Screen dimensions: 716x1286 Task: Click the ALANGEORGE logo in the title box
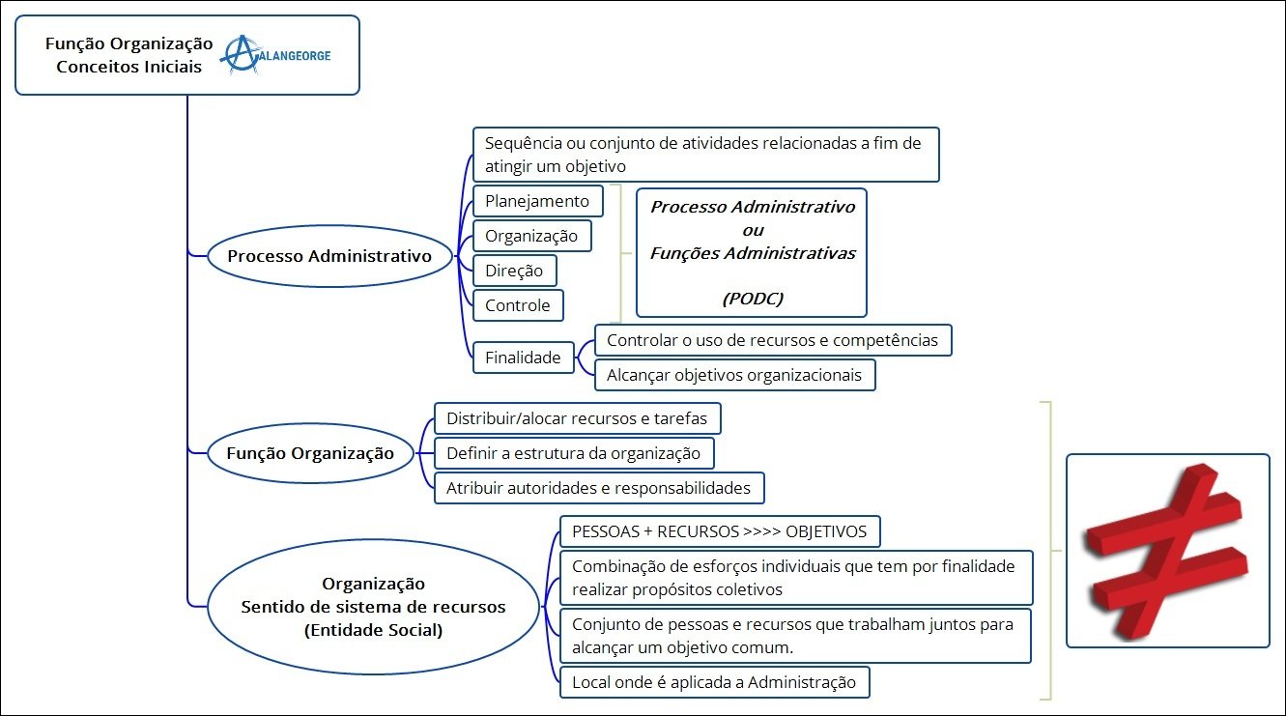276,55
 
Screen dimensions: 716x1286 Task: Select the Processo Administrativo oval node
329,257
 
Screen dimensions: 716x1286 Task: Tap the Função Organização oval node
310,453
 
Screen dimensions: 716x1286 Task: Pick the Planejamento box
537,201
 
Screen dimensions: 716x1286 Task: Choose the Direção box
514,271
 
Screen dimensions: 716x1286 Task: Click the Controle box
518,305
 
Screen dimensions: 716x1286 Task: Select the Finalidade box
523,358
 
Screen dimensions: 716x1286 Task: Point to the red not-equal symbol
1167,550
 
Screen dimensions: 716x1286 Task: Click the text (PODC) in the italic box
753,299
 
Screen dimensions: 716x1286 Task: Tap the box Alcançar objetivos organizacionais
734,374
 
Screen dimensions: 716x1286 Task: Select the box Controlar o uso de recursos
773,340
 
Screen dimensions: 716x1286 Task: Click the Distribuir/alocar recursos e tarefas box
577,419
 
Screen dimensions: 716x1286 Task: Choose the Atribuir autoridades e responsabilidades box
598,488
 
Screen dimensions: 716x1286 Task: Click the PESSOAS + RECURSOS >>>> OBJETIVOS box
720,531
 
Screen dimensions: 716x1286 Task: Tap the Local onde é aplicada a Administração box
714,682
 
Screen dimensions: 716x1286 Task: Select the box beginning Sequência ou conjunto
705,155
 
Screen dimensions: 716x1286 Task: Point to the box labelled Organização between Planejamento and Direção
531,236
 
